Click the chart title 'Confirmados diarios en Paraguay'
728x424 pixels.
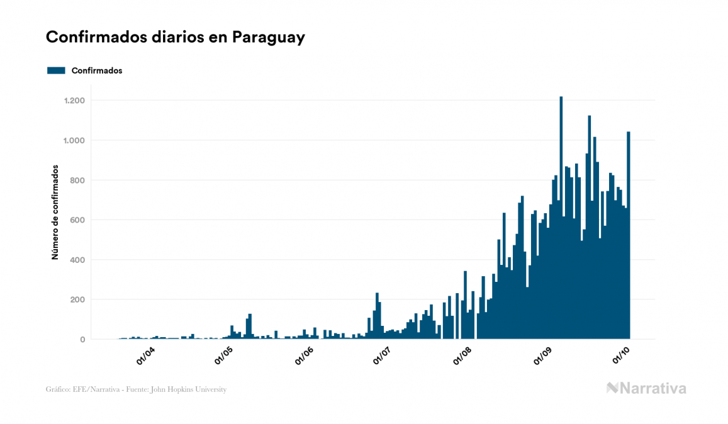point(176,37)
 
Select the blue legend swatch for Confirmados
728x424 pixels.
point(56,70)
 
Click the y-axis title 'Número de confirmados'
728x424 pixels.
point(55,213)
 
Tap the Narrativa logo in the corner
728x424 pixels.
point(646,388)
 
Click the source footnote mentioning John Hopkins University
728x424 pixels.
point(136,389)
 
